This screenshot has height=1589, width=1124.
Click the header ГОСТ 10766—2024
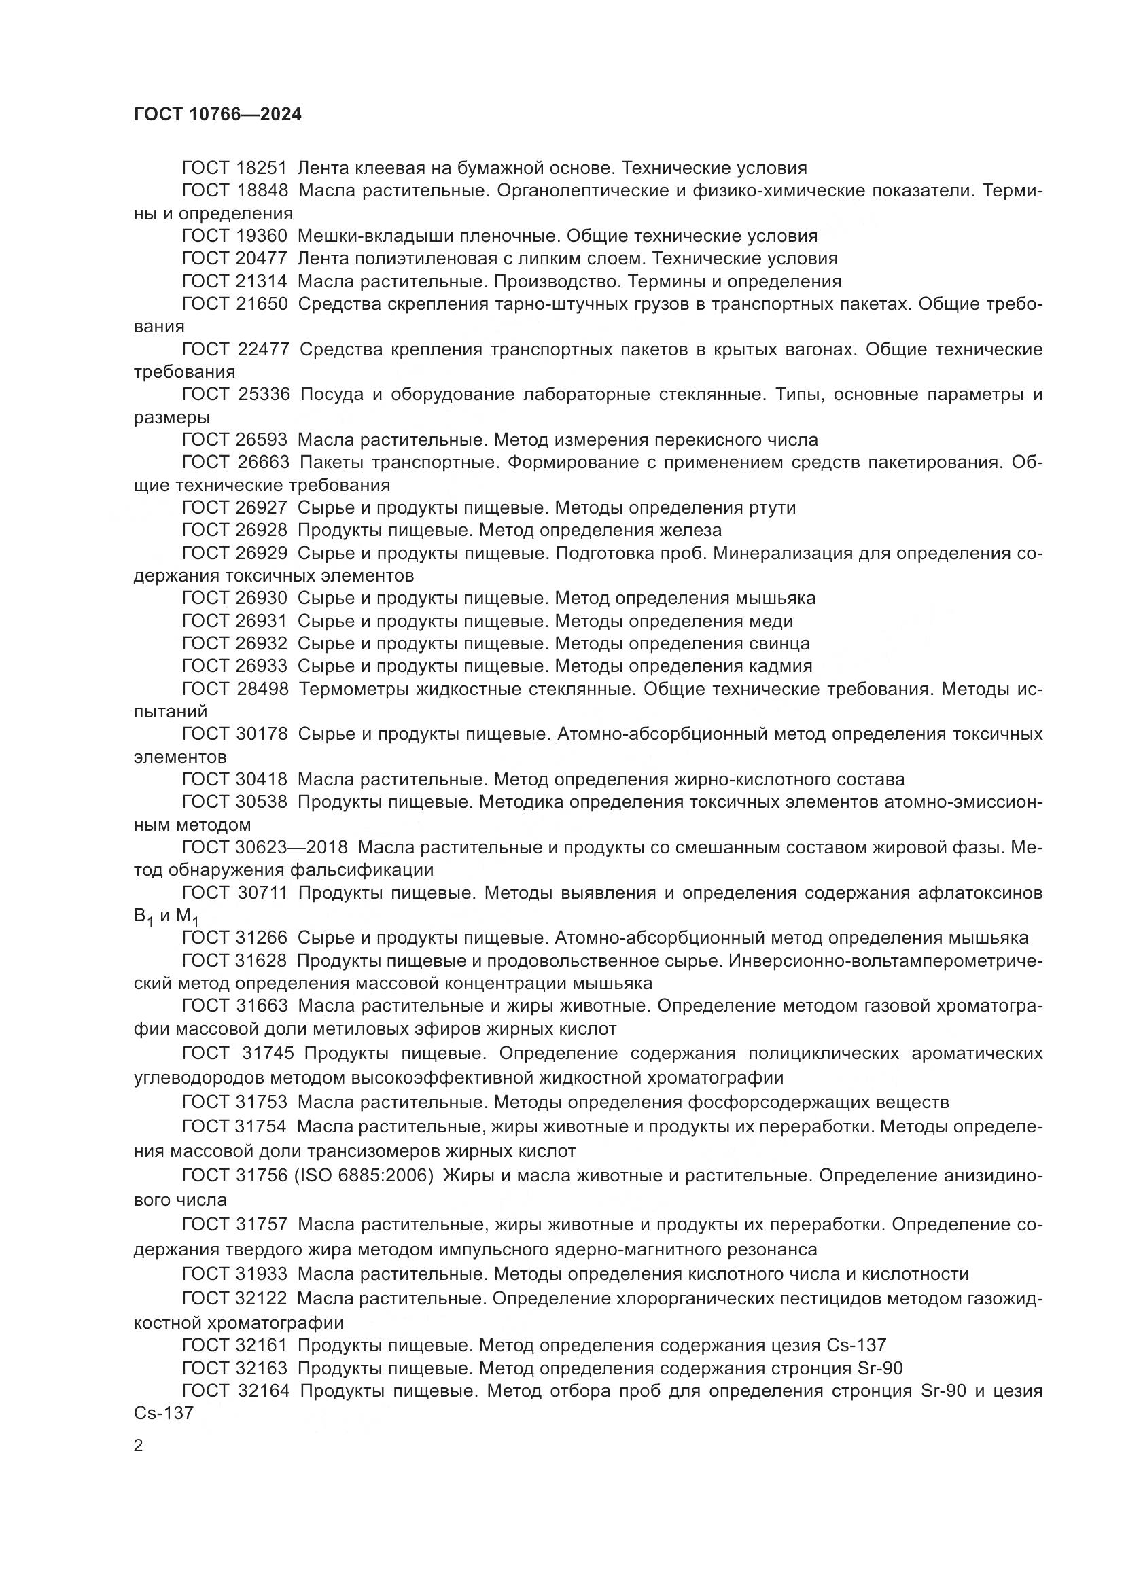(217, 115)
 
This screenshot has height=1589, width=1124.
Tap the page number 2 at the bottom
(139, 1446)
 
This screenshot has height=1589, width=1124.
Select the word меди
(771, 621)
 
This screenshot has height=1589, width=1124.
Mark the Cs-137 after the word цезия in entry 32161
(856, 1346)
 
